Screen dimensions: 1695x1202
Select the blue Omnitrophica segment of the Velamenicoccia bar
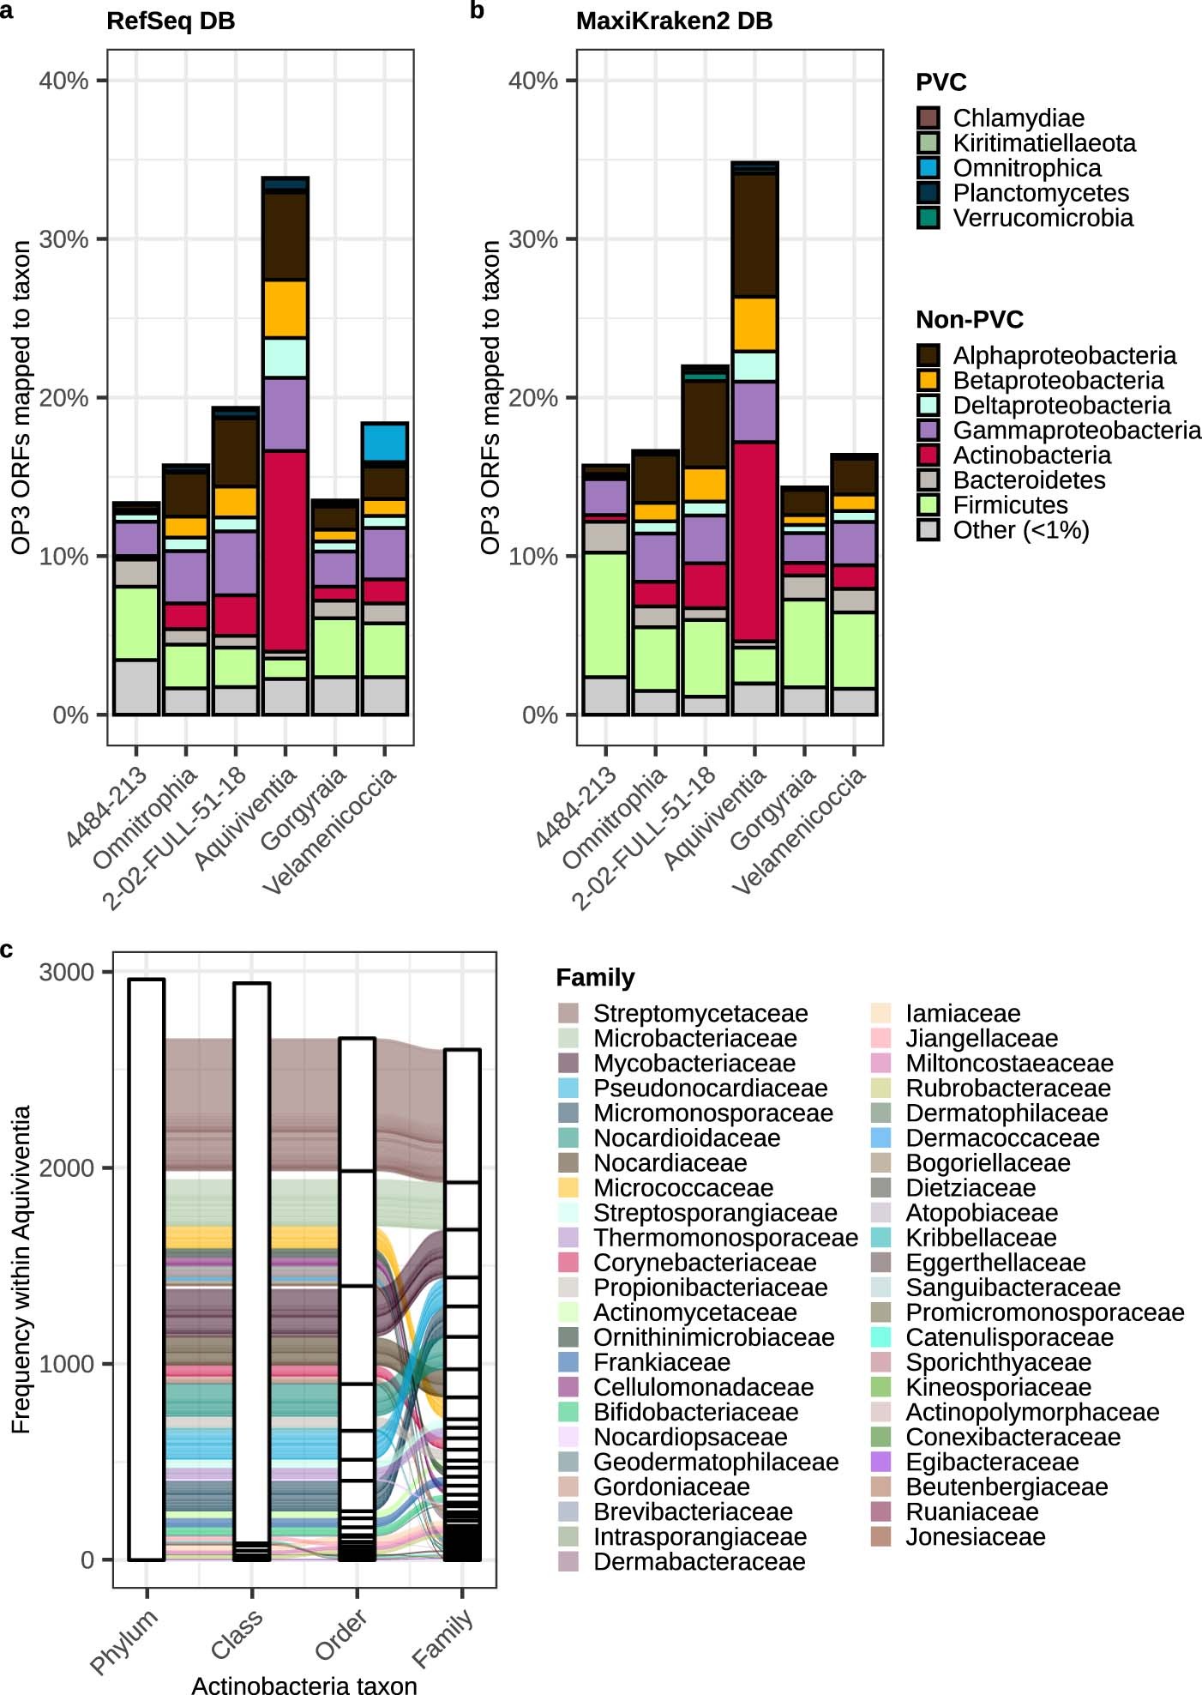point(385,443)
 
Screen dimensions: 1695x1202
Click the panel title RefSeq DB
point(171,21)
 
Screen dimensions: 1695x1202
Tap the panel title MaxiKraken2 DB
point(674,21)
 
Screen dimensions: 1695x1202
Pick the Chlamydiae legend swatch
point(928,118)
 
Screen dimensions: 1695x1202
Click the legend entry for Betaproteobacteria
point(1058,380)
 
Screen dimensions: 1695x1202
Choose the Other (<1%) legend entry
point(1020,529)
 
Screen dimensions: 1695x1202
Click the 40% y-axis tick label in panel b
point(533,81)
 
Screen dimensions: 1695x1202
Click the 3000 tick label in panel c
point(66,972)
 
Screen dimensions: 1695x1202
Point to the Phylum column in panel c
point(147,1270)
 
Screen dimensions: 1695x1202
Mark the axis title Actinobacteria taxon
point(304,1685)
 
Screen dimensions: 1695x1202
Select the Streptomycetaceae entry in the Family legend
point(700,1013)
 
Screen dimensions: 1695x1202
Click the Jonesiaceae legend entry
point(975,1536)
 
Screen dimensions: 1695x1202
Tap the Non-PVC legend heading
point(969,320)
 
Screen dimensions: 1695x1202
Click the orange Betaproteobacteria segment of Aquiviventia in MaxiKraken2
point(754,323)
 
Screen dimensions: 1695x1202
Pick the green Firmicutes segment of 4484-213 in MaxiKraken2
point(605,614)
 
